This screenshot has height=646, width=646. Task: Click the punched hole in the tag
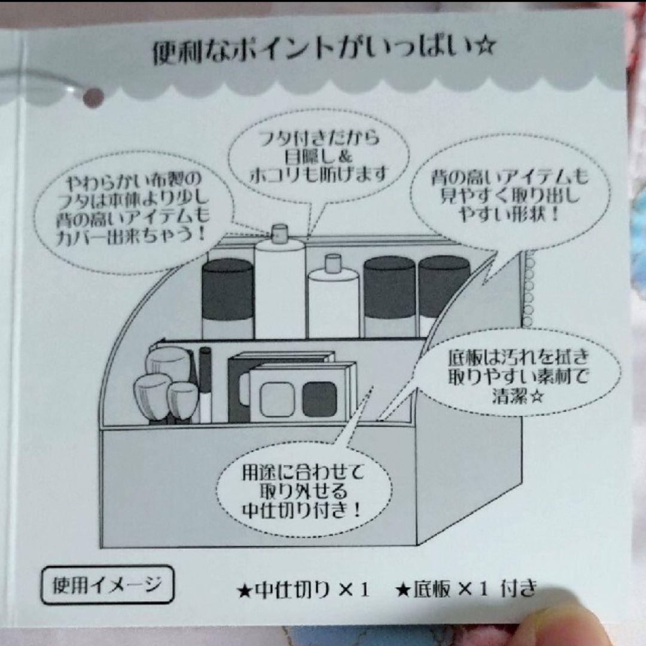[x=93, y=97]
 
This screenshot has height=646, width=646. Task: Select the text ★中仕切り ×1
[x=303, y=591]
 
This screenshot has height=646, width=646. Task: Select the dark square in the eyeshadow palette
[x=319, y=399]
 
